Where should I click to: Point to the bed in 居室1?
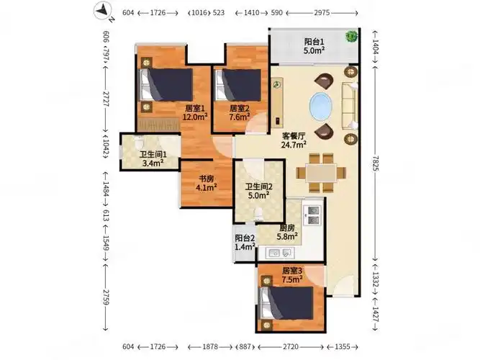pos(167,84)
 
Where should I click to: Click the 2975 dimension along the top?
pos(323,13)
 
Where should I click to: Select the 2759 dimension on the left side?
pos(105,295)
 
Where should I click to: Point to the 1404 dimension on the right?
pos(376,49)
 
